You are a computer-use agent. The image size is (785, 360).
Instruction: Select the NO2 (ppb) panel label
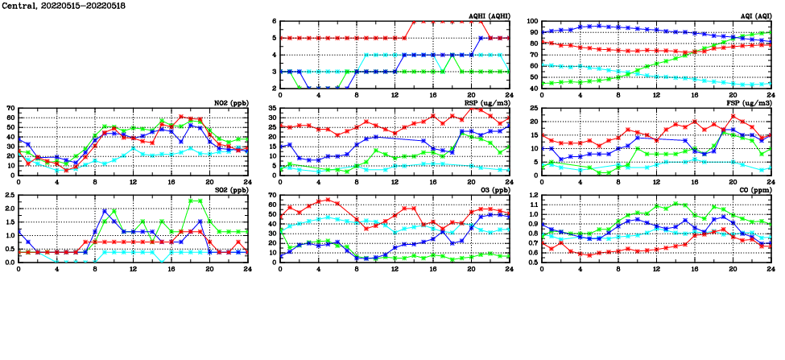click(x=227, y=103)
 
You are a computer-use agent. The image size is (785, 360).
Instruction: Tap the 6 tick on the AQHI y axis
click(x=275, y=22)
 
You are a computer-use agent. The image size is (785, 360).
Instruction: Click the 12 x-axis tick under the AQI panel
click(x=655, y=94)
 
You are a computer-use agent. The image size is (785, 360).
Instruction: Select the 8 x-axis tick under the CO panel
click(x=618, y=268)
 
